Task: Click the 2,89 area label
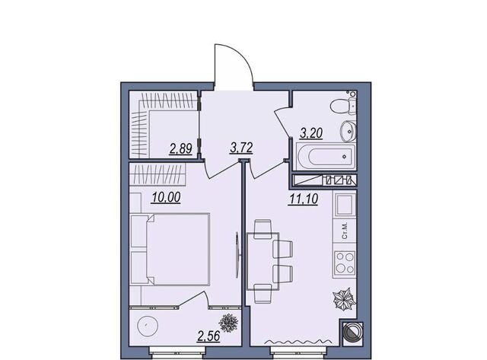pos(181,148)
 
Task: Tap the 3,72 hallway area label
pos(241,148)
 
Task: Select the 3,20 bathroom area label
pos(311,133)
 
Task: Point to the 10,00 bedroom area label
pos(166,197)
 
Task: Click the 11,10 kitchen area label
pos(303,199)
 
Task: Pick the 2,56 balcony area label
pos(208,336)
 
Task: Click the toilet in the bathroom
pos(343,106)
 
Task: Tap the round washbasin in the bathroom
pos(349,131)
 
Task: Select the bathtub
pos(326,157)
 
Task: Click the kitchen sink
pos(345,205)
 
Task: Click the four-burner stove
pos(345,262)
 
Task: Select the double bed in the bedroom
pos(170,249)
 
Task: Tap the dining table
pos(263,261)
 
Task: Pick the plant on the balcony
pos(228,323)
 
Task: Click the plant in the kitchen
pos(344,299)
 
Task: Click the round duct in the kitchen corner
pos(352,333)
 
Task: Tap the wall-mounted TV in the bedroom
pos(237,255)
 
